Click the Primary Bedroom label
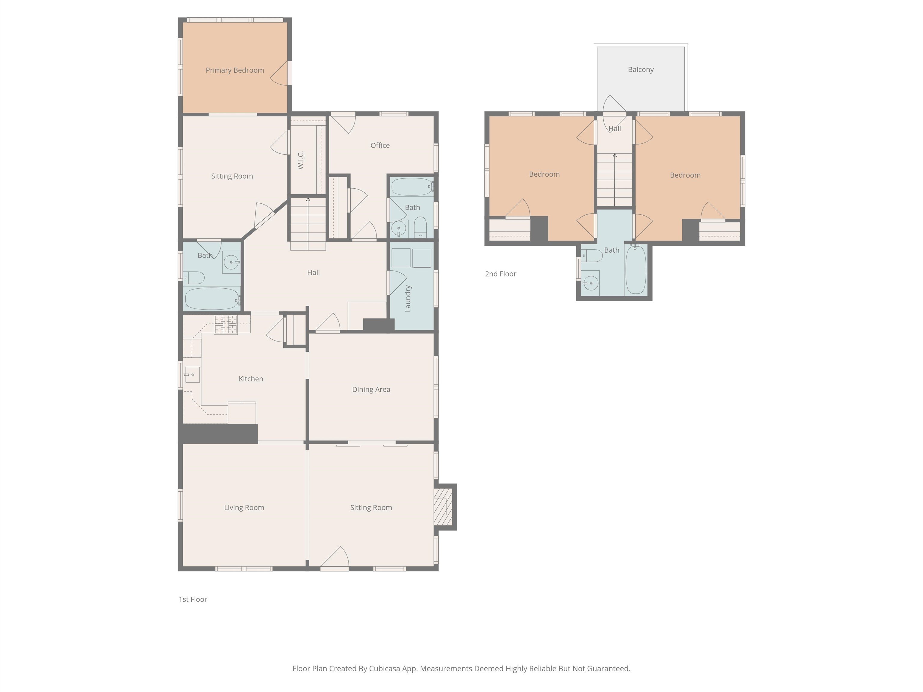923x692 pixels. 235,70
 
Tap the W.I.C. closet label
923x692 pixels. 301,160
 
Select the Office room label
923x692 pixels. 380,145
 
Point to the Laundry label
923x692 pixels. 408,299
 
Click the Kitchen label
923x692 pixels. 251,379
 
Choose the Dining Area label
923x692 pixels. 371,390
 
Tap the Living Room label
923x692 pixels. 244,508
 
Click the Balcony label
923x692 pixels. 641,70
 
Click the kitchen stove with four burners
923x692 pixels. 226,324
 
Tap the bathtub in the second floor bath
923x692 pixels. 635,269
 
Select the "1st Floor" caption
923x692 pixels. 193,599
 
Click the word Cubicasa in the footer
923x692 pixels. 384,669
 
